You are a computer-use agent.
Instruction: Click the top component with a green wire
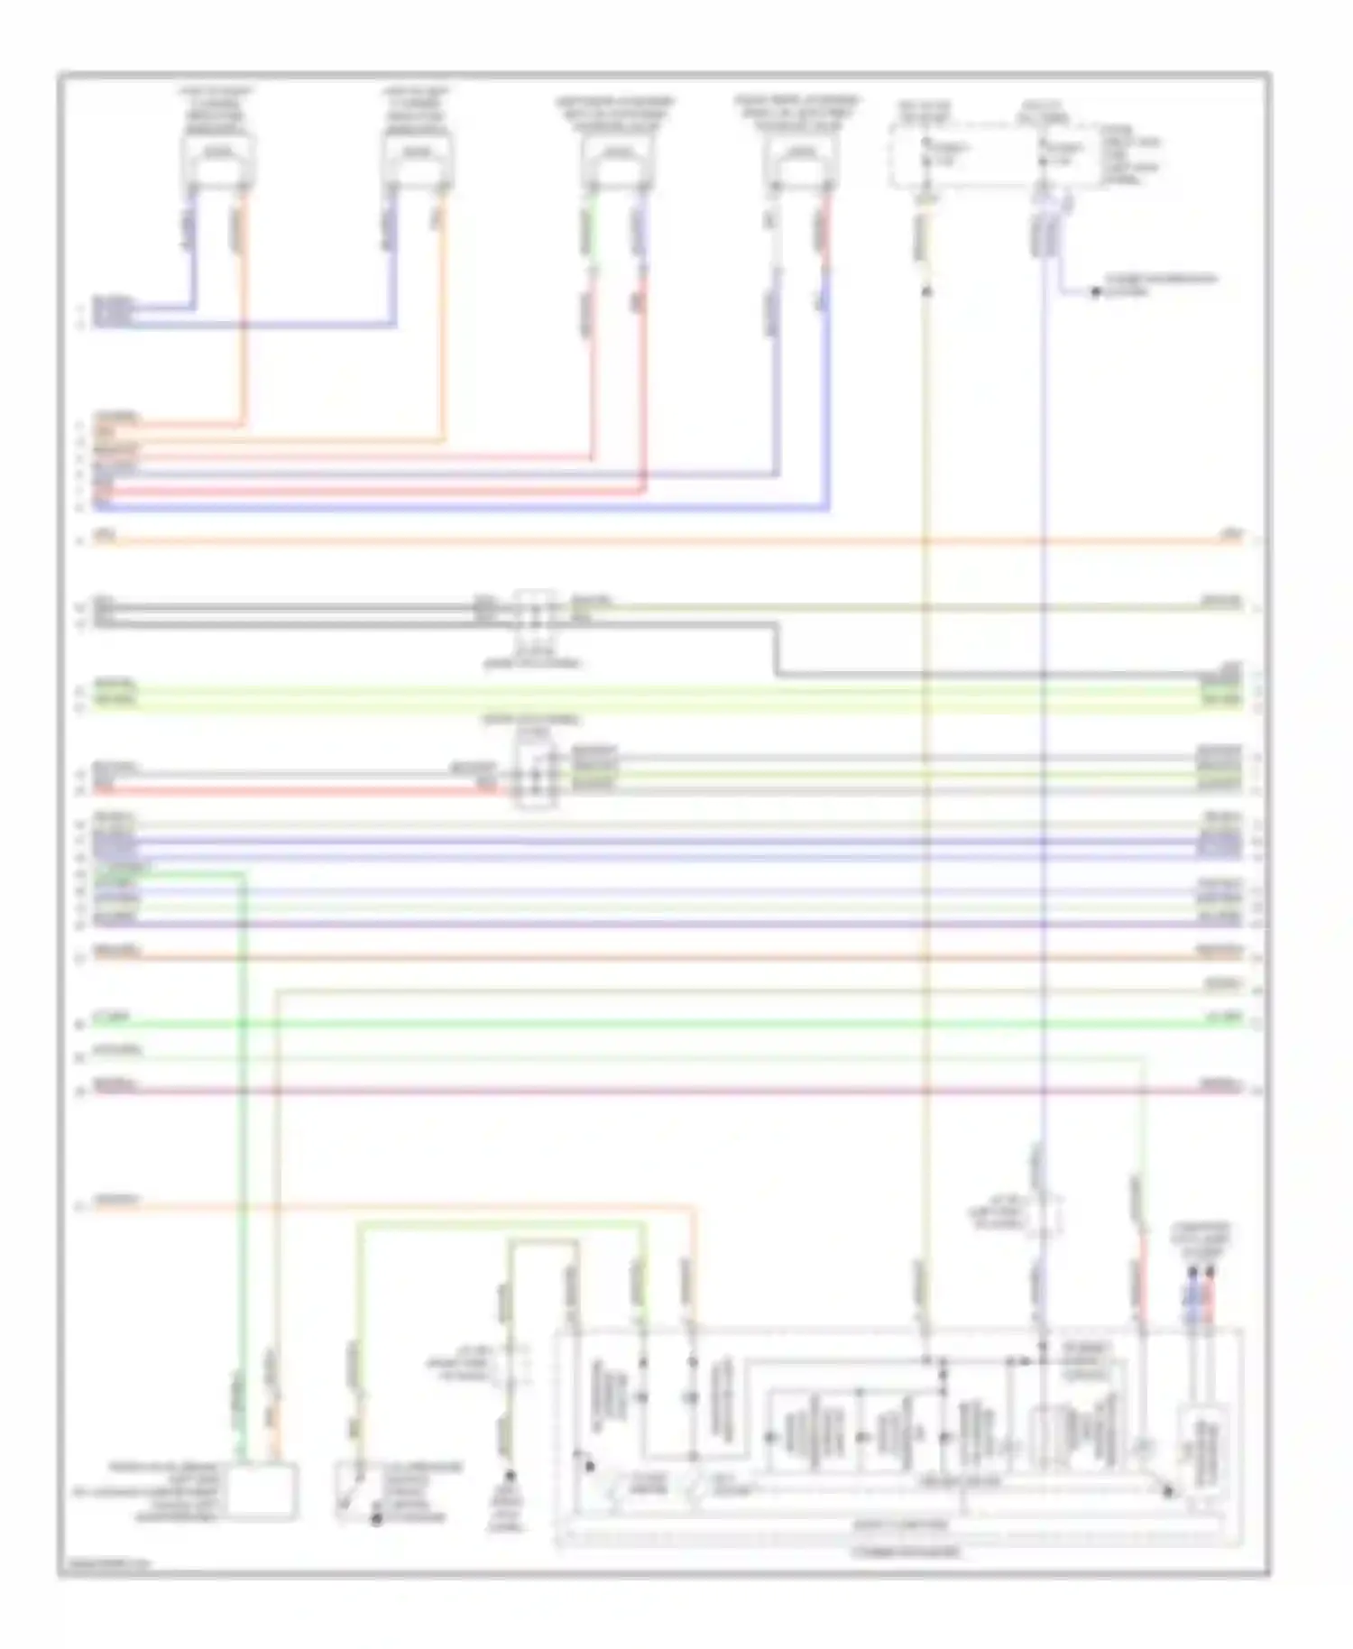(617, 162)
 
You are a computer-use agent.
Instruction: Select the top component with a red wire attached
(801, 162)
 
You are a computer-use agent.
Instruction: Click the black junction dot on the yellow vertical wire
(925, 291)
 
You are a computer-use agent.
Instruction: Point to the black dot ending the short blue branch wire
(1096, 292)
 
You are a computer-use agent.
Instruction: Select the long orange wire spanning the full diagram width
(667, 541)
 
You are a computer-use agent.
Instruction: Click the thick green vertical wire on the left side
(242, 1128)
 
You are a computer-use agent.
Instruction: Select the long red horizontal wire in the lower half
(667, 1091)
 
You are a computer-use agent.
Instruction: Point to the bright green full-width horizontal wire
(667, 1023)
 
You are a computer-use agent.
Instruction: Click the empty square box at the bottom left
(263, 1492)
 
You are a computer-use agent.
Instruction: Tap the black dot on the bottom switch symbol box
(376, 1520)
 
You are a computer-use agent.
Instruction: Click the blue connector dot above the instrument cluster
(1192, 1272)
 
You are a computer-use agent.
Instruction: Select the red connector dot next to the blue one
(1210, 1272)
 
